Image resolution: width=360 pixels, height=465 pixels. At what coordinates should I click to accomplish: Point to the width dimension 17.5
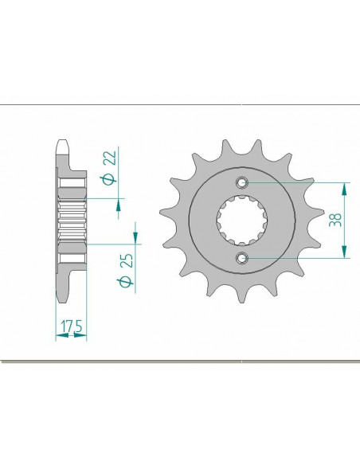coord(71,326)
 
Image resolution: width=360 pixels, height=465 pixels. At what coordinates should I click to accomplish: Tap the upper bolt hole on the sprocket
coord(244,182)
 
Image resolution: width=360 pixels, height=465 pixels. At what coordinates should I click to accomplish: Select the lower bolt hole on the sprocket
coord(244,257)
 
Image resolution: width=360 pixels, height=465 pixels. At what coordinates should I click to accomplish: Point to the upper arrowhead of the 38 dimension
coord(344,188)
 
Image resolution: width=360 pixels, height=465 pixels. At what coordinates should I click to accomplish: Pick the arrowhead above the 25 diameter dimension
coord(134,237)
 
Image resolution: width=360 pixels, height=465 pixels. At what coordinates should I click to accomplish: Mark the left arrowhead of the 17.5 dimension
coord(58,337)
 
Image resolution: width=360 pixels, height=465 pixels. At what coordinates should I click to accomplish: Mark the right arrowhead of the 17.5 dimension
coord(83,337)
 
